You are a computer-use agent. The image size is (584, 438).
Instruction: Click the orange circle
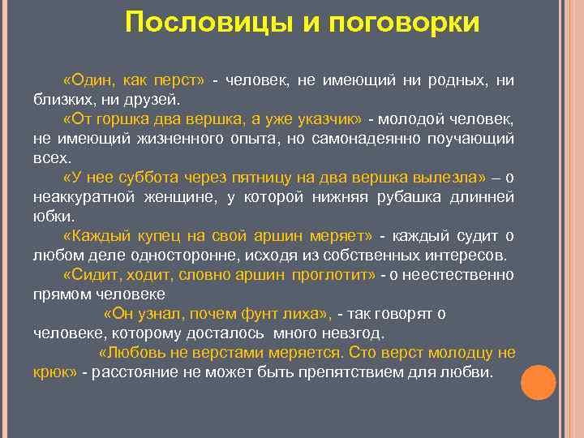(x=538, y=383)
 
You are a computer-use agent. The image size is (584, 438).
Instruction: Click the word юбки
(x=54, y=217)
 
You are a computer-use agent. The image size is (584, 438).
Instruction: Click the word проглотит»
(x=333, y=275)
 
